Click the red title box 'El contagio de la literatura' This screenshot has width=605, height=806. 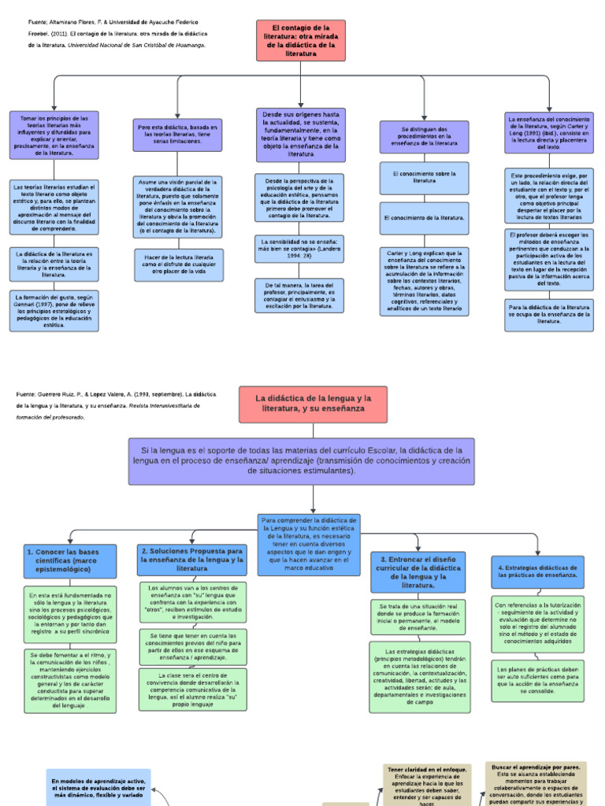coord(300,40)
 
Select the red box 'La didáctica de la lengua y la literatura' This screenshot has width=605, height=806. coord(314,404)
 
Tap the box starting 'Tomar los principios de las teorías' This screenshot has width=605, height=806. coord(54,135)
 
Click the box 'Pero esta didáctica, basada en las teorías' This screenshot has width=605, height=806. coord(177,135)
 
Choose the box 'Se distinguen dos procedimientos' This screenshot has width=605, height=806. coord(424,136)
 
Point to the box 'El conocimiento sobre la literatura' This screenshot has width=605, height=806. coord(424,178)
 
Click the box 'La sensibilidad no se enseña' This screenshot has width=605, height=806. coord(300,248)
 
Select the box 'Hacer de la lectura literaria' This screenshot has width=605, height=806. coord(178,264)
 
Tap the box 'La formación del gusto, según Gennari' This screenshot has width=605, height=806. coord(54,310)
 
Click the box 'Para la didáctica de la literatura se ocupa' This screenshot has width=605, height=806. coord(549,314)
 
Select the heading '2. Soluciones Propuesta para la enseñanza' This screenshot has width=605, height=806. coord(192,560)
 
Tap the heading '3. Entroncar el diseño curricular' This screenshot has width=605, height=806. coord(423,571)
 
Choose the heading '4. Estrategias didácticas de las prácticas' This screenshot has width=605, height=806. coord(539,571)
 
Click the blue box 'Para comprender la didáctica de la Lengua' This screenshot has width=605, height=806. coord(309,544)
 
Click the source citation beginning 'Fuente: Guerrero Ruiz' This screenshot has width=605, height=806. coord(110,405)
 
